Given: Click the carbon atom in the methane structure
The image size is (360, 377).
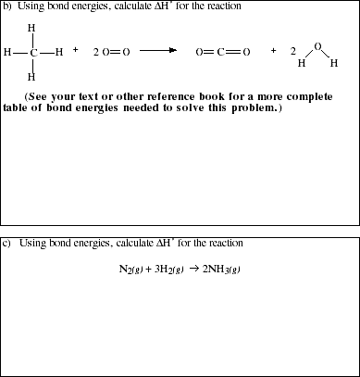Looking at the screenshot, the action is coord(32,52).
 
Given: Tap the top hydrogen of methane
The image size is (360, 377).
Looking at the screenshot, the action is coord(32,28).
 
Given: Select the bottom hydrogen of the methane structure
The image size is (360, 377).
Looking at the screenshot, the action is coord(32,77).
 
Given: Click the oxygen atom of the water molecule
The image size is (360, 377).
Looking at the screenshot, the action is coord(317,44).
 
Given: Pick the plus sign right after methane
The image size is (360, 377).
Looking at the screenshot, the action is coord(75,50).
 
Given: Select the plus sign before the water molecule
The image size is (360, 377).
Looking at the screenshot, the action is coord(273,50).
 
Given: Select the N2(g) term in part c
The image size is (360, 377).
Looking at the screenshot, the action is coord(130,270).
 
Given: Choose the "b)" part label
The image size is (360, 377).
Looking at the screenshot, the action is coord(7,6).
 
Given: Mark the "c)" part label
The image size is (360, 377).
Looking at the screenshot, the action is coord(7,243).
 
